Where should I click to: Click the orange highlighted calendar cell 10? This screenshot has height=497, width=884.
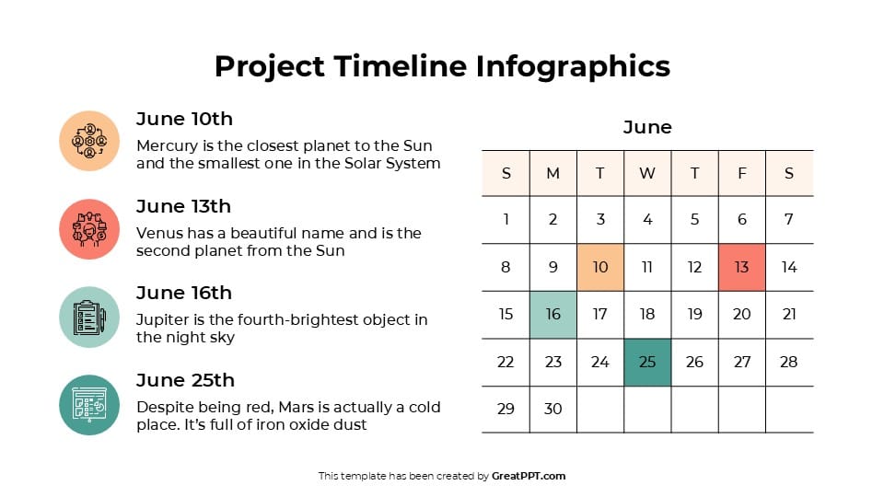click(x=600, y=267)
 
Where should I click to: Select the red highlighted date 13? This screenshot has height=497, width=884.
click(x=741, y=267)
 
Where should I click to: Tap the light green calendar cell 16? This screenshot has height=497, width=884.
click(x=552, y=314)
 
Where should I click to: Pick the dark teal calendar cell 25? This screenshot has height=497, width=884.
click(x=647, y=362)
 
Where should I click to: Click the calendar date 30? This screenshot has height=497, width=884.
click(x=552, y=409)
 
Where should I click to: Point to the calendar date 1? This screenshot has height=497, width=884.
click(x=506, y=219)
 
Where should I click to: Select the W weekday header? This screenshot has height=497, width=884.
click(x=647, y=173)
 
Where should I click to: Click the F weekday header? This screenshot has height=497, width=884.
click(x=741, y=173)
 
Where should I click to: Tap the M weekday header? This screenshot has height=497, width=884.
click(x=552, y=173)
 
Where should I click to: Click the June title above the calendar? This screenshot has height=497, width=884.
click(x=647, y=127)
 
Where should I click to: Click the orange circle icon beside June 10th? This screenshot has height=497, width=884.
click(x=89, y=141)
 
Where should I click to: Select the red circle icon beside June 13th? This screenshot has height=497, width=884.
click(x=89, y=229)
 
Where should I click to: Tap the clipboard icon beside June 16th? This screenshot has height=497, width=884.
click(x=89, y=317)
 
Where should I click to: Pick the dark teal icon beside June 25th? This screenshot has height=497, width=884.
click(x=89, y=405)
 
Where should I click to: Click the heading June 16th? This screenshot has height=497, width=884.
click(x=183, y=293)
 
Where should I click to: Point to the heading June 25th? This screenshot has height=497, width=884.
click(x=185, y=380)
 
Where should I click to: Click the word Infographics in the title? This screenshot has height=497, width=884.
click(x=573, y=66)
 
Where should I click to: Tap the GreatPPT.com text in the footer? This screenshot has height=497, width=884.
click(x=529, y=476)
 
